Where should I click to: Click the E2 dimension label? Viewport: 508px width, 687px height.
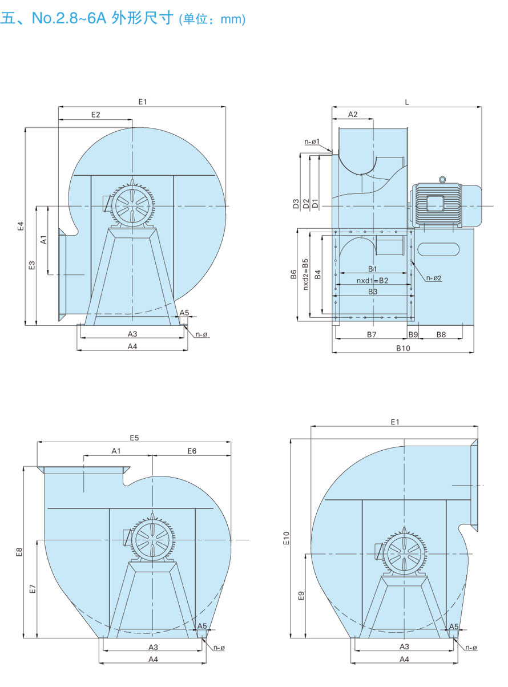pos(95,115)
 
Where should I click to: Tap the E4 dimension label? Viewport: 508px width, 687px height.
pos(20,226)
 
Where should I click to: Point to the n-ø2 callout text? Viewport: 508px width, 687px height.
pos(434,278)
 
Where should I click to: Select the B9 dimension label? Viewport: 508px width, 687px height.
pos(413,334)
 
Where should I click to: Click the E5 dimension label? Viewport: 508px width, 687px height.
pos(134,438)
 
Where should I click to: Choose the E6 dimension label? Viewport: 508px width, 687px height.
pos(191,451)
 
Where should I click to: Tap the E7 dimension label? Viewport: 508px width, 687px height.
pos(33,588)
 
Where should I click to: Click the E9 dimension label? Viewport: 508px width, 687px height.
pos(301,595)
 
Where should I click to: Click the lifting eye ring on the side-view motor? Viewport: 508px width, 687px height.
pos(441,180)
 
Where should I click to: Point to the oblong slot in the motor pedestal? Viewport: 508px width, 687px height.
pos(438,249)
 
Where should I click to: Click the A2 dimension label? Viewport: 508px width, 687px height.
pos(353,114)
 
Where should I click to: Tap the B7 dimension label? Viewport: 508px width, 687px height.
pos(372,334)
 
